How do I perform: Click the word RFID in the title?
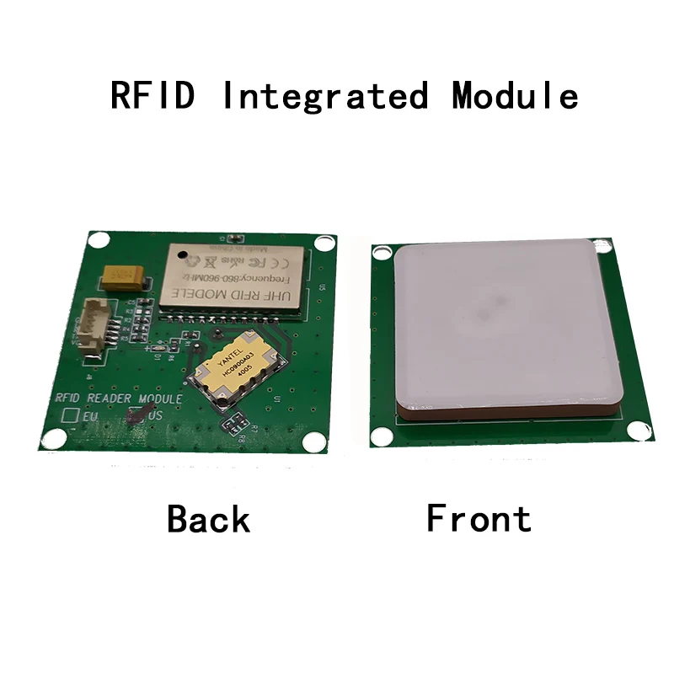pyautogui.click(x=152, y=95)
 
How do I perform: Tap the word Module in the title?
pyautogui.click(x=515, y=95)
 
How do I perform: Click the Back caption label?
pyautogui.click(x=208, y=518)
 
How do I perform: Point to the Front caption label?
pyautogui.click(x=479, y=517)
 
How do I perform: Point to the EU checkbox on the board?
pyautogui.click(x=72, y=415)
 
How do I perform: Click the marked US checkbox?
pyautogui.click(x=136, y=415)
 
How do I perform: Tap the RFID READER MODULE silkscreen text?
pyautogui.click(x=118, y=398)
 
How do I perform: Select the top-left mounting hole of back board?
pyautogui.click(x=99, y=240)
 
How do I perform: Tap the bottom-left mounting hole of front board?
pyautogui.click(x=382, y=436)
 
